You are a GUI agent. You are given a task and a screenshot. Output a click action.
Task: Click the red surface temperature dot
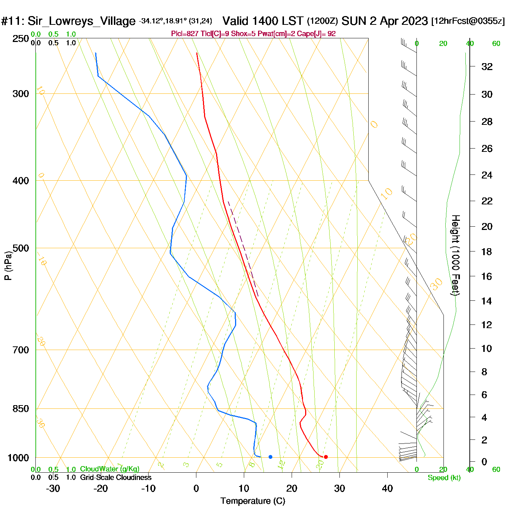(x=326, y=457)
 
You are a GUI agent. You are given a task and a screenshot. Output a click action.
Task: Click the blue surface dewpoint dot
(x=270, y=457)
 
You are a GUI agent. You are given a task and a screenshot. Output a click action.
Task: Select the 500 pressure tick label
(x=21, y=248)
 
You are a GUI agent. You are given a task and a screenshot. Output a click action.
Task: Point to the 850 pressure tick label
(x=21, y=409)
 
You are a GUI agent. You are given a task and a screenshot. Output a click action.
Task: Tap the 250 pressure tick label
(x=21, y=39)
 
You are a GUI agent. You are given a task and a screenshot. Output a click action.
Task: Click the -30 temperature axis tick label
(x=53, y=488)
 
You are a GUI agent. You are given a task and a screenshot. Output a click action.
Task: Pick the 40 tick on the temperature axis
(x=387, y=488)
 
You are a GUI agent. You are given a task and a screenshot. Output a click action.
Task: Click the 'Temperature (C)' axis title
(x=253, y=501)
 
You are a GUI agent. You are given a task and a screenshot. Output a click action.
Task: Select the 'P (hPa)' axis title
(x=8, y=265)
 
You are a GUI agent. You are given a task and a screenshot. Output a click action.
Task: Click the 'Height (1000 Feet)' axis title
(x=456, y=255)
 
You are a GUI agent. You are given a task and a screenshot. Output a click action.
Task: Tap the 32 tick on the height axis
(x=487, y=66)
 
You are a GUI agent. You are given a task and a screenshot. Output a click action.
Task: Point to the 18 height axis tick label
(x=487, y=251)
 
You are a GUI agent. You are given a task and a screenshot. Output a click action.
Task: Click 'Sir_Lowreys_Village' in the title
(x=81, y=21)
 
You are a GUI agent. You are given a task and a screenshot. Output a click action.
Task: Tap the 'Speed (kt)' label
(x=444, y=478)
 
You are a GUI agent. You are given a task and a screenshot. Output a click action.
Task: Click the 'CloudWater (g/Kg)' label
(x=109, y=469)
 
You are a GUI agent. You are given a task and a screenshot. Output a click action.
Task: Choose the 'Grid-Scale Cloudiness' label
(x=116, y=477)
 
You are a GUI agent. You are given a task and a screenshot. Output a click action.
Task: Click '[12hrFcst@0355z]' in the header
(x=468, y=21)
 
